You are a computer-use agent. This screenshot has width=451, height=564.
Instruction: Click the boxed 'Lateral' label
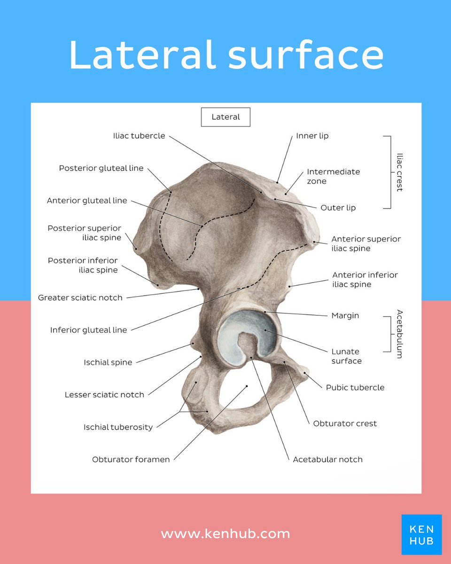pos(225,117)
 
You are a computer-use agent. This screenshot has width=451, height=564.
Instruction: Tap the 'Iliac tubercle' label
pos(139,136)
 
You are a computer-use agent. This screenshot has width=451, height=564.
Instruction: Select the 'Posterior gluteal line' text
pos(101,168)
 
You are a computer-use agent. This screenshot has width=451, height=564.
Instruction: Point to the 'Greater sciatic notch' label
pos(80,298)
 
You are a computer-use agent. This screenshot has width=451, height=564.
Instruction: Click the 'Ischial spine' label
pos(108,362)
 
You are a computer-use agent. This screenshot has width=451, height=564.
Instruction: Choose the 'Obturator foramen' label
pos(131,459)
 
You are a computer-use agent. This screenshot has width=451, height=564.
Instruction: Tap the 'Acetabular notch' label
pos(327,459)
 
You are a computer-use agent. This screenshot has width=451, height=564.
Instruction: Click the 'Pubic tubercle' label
pos(355,388)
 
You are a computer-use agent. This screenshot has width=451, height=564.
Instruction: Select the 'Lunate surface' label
pos(346,356)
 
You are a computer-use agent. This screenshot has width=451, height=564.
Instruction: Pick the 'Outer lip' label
pos(338,208)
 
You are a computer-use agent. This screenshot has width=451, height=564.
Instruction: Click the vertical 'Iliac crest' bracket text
pos(399,172)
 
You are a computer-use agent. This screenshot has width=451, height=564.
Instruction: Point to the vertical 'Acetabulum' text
pos(399,334)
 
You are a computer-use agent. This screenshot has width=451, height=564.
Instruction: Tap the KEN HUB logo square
pos(421,534)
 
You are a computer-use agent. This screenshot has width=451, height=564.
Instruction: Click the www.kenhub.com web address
pos(225,534)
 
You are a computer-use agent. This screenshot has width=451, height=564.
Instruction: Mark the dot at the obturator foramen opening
pos(247,386)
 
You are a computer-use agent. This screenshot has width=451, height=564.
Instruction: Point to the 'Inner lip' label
pos(312,136)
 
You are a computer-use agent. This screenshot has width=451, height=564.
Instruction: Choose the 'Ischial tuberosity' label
pos(118,427)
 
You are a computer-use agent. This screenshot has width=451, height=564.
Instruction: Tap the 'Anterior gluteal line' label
pos(87,201)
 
